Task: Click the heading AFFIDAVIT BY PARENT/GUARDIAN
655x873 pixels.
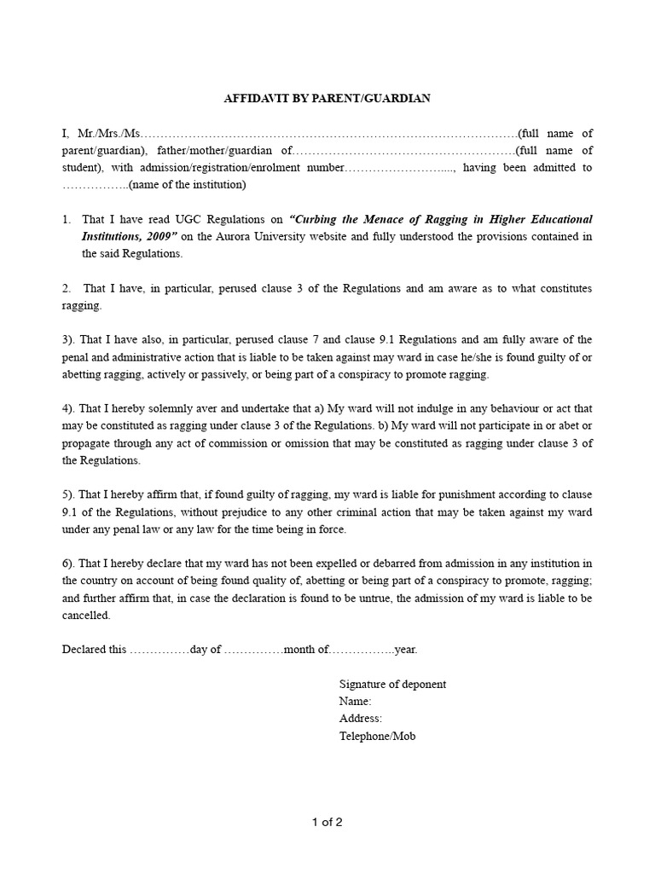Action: point(327,99)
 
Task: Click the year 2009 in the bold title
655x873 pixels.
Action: point(156,237)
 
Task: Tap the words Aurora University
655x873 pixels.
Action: point(255,237)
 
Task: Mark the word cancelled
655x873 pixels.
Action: point(86,616)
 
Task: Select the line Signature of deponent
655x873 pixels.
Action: point(392,685)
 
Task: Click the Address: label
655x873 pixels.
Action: point(360,719)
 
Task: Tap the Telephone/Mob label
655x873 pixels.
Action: point(377,736)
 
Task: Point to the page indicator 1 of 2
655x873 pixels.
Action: point(327,824)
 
